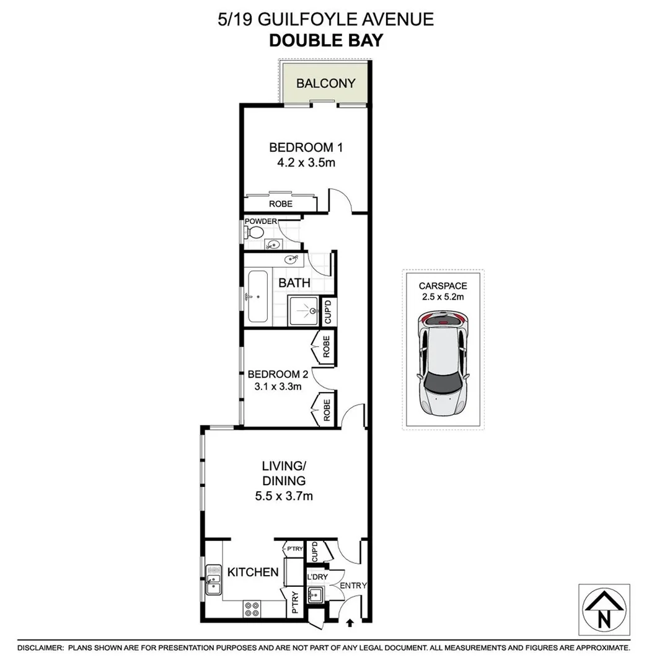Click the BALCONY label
pyautogui.click(x=325, y=84)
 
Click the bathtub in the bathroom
pyautogui.click(x=258, y=297)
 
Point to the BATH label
pyautogui.click(x=294, y=284)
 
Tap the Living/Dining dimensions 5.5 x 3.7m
pyautogui.click(x=284, y=496)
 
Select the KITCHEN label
pyautogui.click(x=253, y=572)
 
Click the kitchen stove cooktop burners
pyautogui.click(x=252, y=609)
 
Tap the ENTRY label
pyautogui.click(x=354, y=585)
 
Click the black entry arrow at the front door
pyautogui.click(x=350, y=622)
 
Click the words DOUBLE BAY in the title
pyautogui.click(x=325, y=41)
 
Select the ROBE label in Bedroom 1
pyautogui.click(x=280, y=204)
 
